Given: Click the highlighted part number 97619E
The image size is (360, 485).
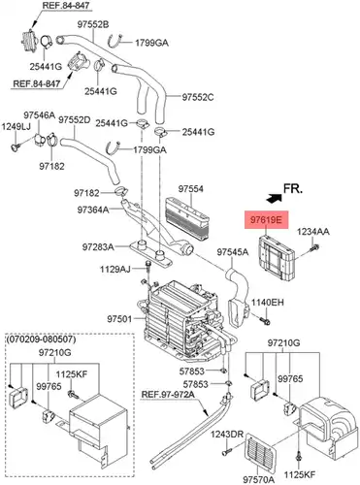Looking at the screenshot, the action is tap(266, 220).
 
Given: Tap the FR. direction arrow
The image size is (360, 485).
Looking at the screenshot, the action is tap(274, 198).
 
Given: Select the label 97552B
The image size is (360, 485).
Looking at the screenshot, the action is tap(93, 24).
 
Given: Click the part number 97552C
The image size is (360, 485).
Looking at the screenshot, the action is tap(198, 97).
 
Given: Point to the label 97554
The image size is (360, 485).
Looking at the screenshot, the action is tap(191, 188).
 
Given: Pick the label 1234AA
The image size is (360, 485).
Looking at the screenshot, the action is tap(313, 231).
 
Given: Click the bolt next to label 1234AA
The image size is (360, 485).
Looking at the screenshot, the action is tap(314, 248).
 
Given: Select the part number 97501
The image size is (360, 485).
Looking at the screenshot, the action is tap(119, 319).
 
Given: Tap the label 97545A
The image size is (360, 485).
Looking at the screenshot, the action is tap(233, 251).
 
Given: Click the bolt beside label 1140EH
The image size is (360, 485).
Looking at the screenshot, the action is tap(265, 321).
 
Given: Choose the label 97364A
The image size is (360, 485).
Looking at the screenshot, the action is tap(93, 210).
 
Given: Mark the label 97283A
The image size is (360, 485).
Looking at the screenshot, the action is tap(98, 247).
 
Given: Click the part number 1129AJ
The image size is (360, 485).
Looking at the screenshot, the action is tap(115, 269).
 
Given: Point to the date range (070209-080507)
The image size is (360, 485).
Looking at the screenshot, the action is tap(41, 339).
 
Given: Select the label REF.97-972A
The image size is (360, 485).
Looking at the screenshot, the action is tap(168, 395).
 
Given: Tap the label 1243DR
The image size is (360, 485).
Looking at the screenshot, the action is tap(227, 435).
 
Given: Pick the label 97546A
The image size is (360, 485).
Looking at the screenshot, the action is tap(40, 115).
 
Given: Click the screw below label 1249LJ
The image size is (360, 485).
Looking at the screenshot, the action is tap(16, 147).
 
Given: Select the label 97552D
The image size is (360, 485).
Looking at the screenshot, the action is tap(75, 120).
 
